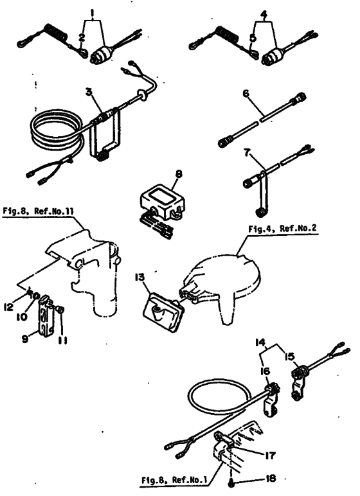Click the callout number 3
[89, 92]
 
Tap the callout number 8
[179, 173]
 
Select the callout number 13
[139, 277]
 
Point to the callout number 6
[246, 93]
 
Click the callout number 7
[248, 154]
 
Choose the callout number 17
[270, 455]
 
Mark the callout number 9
[25, 339]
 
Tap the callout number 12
[8, 306]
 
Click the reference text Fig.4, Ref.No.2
[282, 229]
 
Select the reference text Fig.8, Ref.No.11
[39, 211]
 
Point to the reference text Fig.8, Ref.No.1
[174, 480]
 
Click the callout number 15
[290, 357]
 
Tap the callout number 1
[93, 13]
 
